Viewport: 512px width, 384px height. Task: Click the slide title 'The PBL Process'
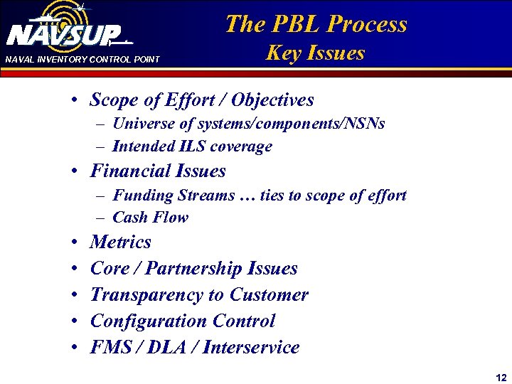coord(316,24)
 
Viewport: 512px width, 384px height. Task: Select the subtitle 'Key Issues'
coord(315,53)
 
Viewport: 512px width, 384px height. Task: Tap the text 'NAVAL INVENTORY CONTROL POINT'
coord(82,60)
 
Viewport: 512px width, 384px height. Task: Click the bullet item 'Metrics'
coord(120,242)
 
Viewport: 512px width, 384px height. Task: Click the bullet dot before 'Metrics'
coord(75,243)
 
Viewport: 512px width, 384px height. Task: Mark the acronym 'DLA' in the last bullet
coord(164,348)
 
